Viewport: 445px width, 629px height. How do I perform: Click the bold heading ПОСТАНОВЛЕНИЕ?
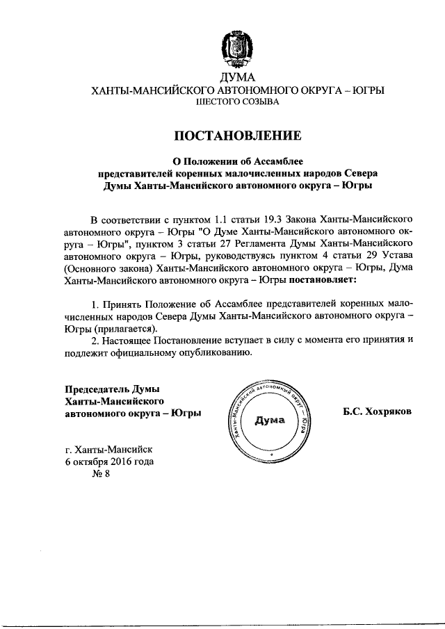[x=238, y=135]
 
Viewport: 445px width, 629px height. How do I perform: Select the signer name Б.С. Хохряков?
[x=377, y=412]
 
